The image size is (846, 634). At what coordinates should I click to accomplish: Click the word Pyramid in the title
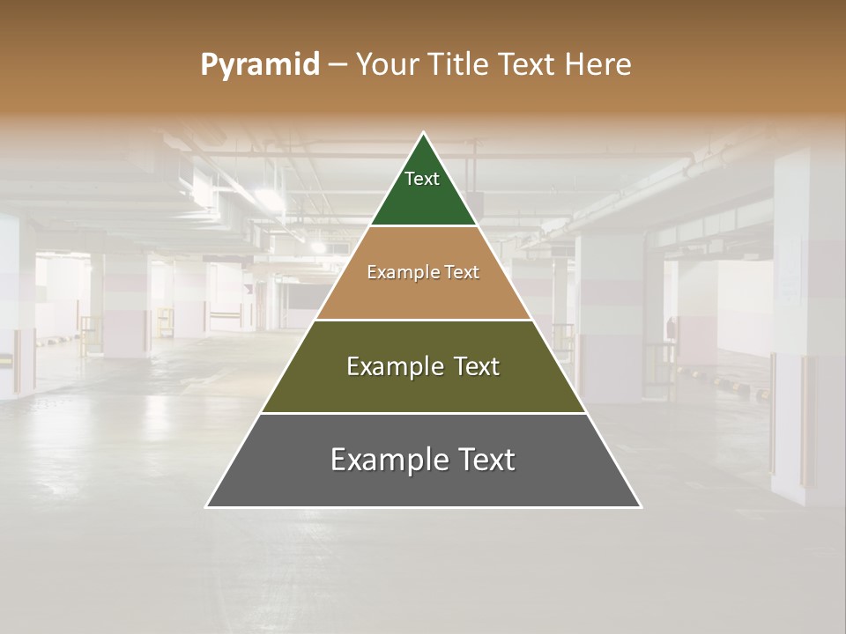coord(260,65)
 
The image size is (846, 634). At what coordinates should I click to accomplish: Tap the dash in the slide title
coord(338,65)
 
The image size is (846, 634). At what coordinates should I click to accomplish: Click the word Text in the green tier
coord(422,179)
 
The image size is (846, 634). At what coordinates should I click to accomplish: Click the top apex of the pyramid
coord(424,134)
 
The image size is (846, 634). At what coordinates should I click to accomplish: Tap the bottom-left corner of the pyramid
coord(207,506)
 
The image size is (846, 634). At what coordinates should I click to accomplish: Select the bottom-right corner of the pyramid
coord(640,506)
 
